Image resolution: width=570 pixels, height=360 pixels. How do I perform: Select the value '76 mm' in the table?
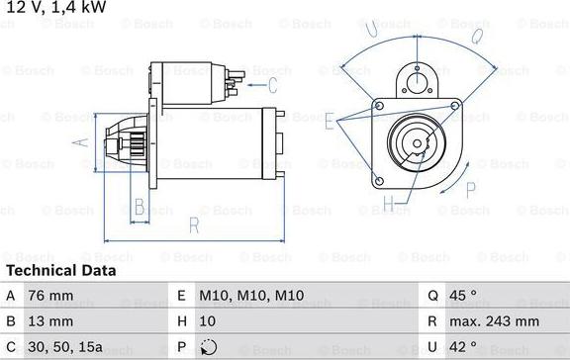50,296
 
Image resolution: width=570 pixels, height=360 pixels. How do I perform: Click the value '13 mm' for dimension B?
50,321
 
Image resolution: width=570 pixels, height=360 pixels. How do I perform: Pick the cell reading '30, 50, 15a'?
66,347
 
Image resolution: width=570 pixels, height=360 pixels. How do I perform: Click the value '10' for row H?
208,321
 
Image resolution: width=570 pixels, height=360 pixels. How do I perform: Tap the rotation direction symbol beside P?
208,347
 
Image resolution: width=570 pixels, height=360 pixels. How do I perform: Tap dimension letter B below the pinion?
140,207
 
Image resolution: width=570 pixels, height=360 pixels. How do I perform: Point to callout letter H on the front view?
388,205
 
